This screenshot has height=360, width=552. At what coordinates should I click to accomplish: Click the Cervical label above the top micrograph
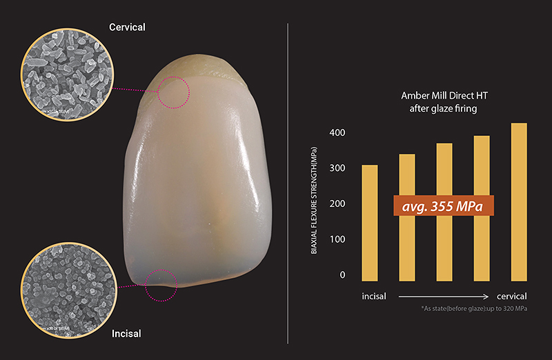(127, 27)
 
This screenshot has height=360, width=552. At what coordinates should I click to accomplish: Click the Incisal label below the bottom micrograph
(126, 334)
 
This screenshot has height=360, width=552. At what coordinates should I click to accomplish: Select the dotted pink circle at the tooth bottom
(160, 284)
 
